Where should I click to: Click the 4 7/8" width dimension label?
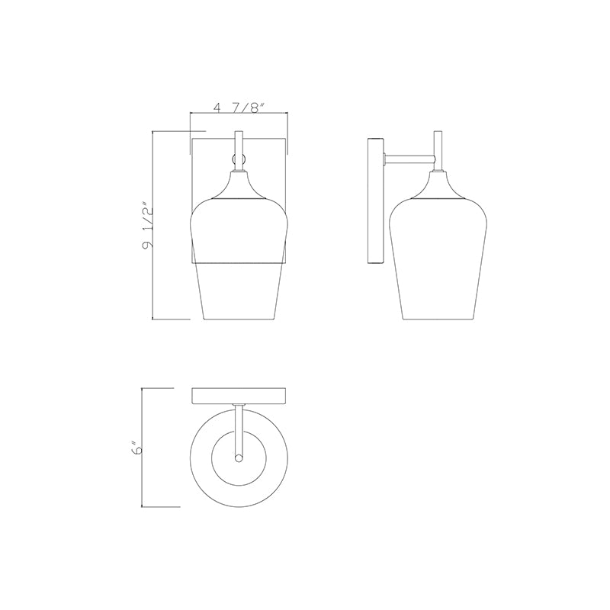pos(239,107)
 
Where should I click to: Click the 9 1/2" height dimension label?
pos(148,224)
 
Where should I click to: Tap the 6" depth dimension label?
pos(136,448)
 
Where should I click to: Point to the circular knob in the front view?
pos(239,159)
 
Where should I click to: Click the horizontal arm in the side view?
pos(409,159)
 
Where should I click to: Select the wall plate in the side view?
pos(376,201)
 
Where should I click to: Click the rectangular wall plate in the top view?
pos(239,396)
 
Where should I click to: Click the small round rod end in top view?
pos(239,459)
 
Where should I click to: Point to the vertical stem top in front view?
pos(239,132)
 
